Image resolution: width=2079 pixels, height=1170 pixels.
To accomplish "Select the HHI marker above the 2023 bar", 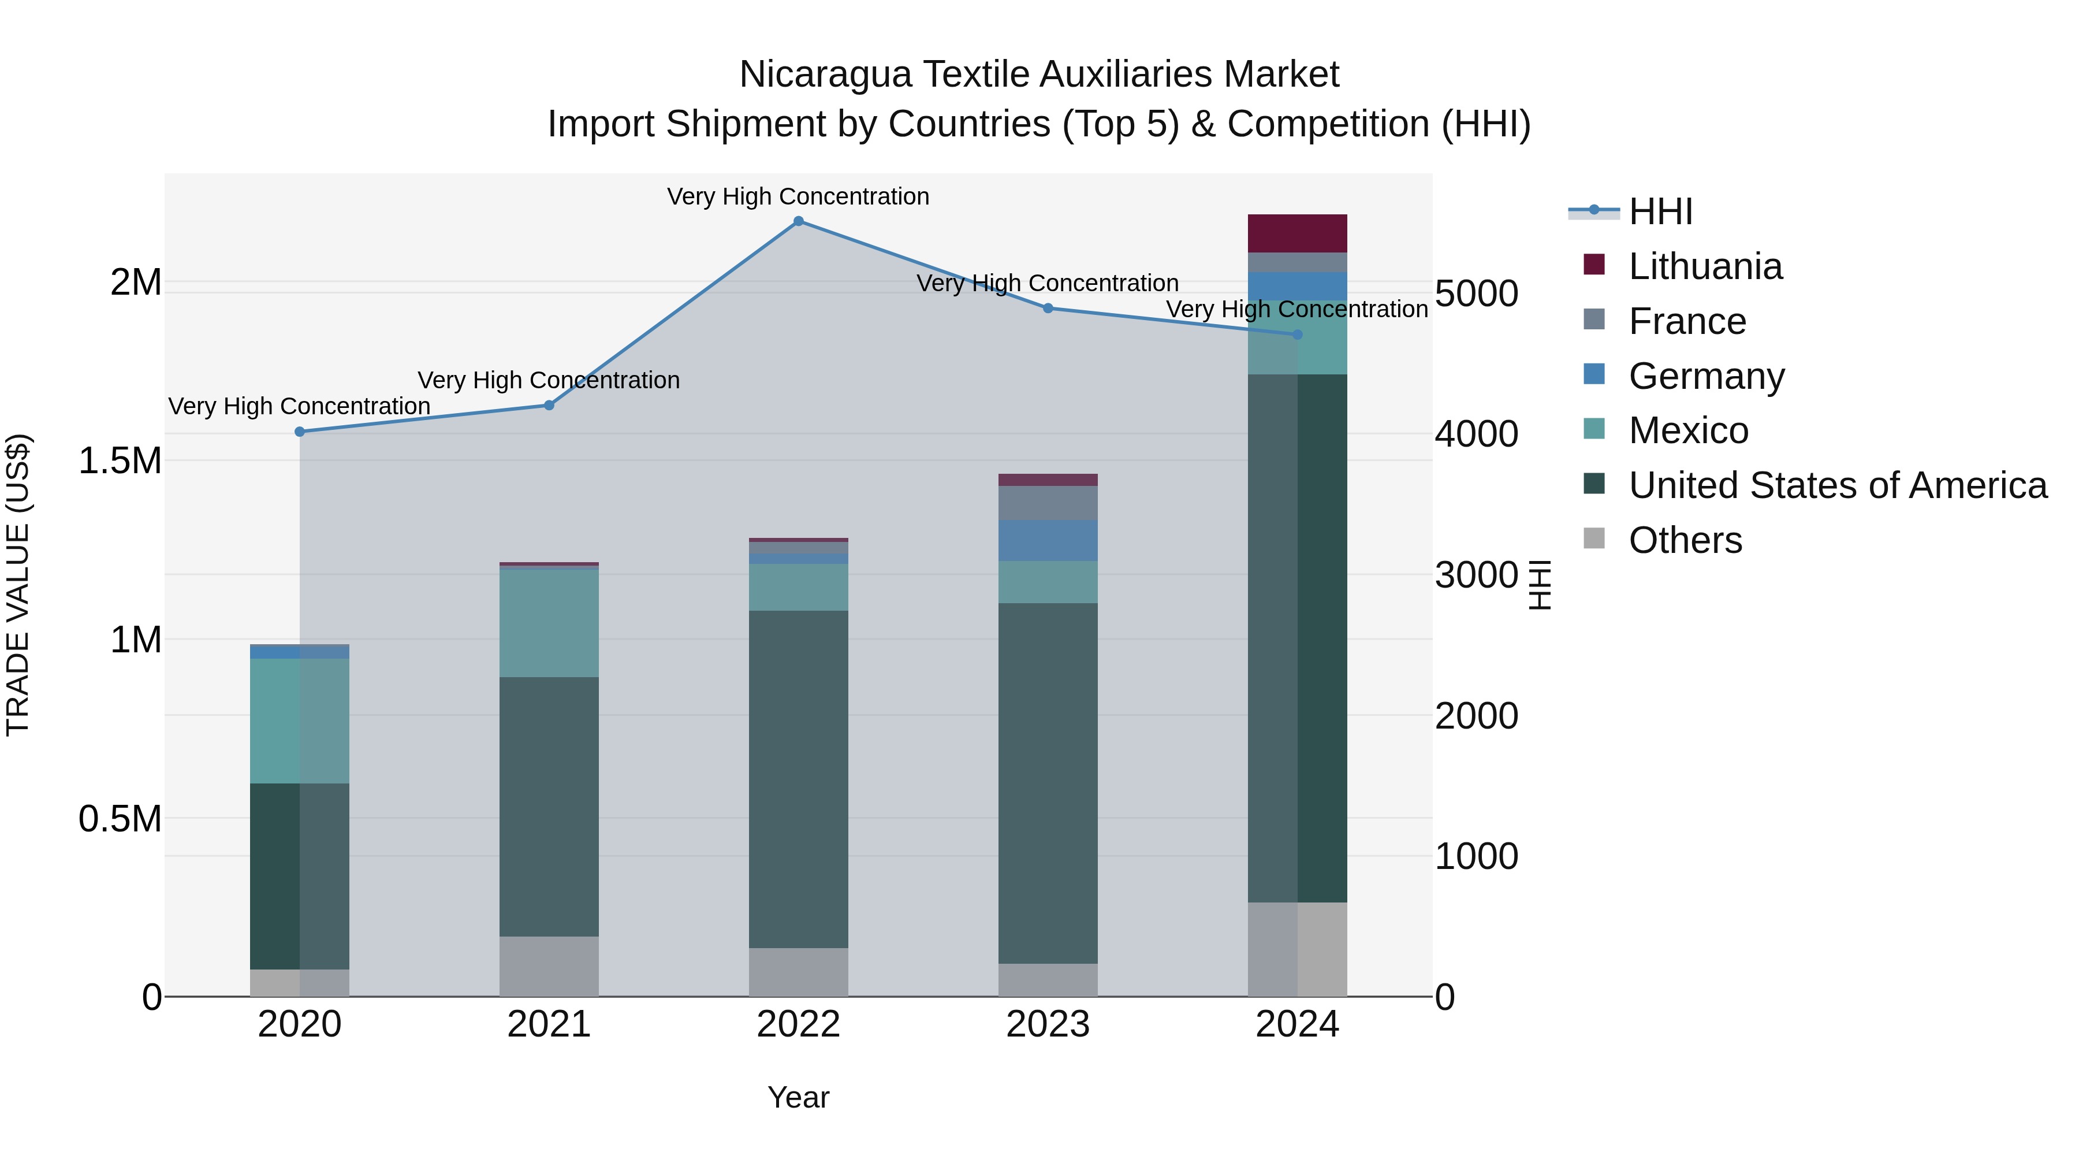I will pos(1048,307).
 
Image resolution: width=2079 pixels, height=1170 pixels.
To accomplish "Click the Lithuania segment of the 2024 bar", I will pos(1297,233).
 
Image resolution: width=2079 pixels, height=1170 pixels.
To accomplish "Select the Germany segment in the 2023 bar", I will pos(1048,541).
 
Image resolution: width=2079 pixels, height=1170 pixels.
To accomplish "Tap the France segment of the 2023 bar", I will pos(1048,503).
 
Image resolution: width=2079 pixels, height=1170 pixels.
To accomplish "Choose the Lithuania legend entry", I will pos(1705,266).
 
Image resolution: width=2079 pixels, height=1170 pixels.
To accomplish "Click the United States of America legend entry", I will pos(1837,485).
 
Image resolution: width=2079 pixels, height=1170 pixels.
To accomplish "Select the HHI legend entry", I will pos(1660,211).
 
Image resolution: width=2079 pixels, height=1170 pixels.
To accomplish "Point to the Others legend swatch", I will pos(1594,538).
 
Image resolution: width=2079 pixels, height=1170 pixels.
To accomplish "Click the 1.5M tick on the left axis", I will pos(120,461).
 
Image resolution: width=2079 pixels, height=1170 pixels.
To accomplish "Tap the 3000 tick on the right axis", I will pos(1476,575).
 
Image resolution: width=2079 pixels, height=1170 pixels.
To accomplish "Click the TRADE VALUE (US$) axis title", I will pos(18,585).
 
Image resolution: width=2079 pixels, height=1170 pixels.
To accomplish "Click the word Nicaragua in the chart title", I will pos(824,75).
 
